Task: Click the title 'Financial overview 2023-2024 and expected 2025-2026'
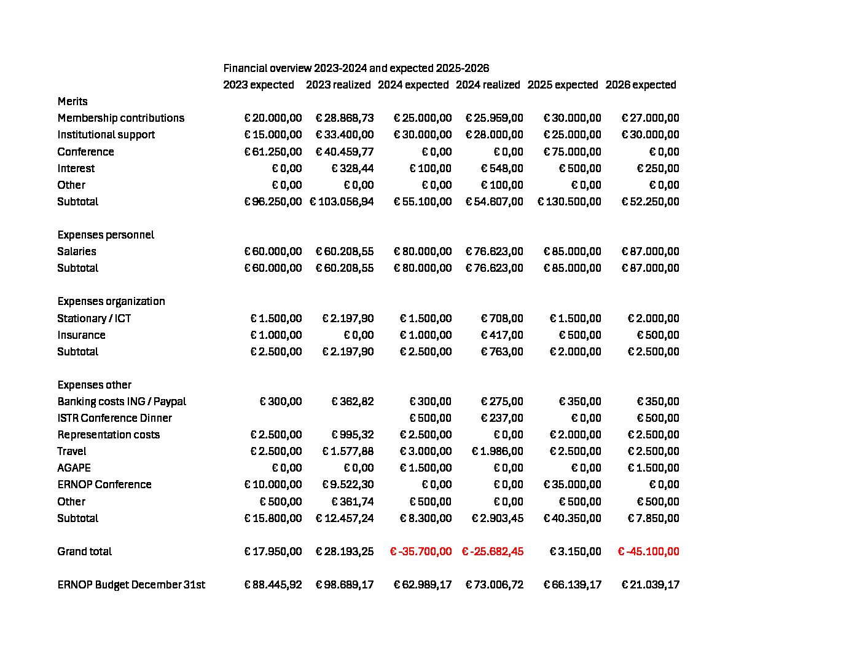tap(356, 68)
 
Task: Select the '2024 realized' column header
tap(488, 85)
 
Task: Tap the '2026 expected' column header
tap(641, 85)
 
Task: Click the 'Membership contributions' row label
tap(121, 118)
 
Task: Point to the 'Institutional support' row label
tap(106, 135)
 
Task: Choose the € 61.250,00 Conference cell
tap(273, 152)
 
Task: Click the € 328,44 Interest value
tap(353, 168)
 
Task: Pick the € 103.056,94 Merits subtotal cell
tap(342, 202)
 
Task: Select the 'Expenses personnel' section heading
tap(106, 235)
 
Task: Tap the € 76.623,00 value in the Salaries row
tap(495, 251)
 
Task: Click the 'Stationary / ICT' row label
tap(94, 319)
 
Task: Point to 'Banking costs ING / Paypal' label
tap(122, 402)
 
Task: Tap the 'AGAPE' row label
tap(74, 468)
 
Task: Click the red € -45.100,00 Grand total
tap(649, 552)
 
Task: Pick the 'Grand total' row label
tap(85, 552)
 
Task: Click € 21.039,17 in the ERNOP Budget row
tap(651, 585)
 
